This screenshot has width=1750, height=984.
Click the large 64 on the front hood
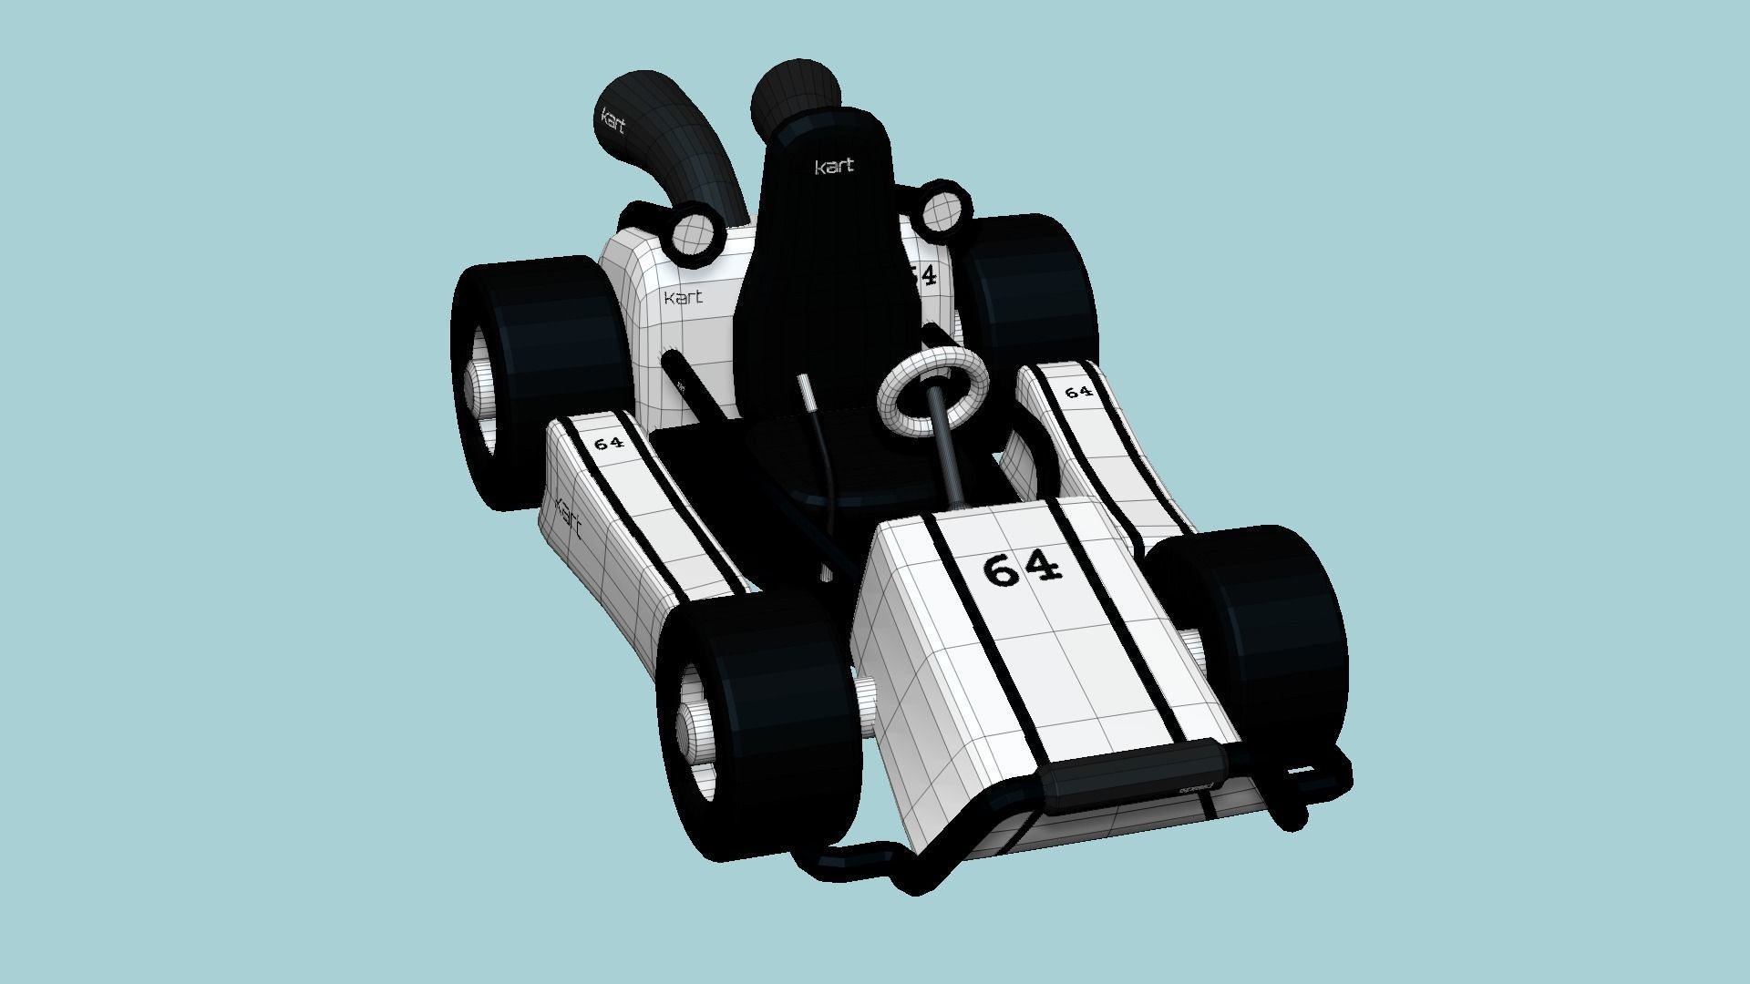point(1023,569)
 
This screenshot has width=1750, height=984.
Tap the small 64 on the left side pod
point(608,444)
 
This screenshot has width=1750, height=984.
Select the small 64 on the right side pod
point(1078,392)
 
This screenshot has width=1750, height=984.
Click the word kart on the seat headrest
point(834,167)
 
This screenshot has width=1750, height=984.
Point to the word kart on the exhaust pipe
point(612,121)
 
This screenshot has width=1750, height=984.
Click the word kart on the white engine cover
point(683,298)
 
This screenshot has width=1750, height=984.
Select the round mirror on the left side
point(695,233)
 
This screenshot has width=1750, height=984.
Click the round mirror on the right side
point(939,210)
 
